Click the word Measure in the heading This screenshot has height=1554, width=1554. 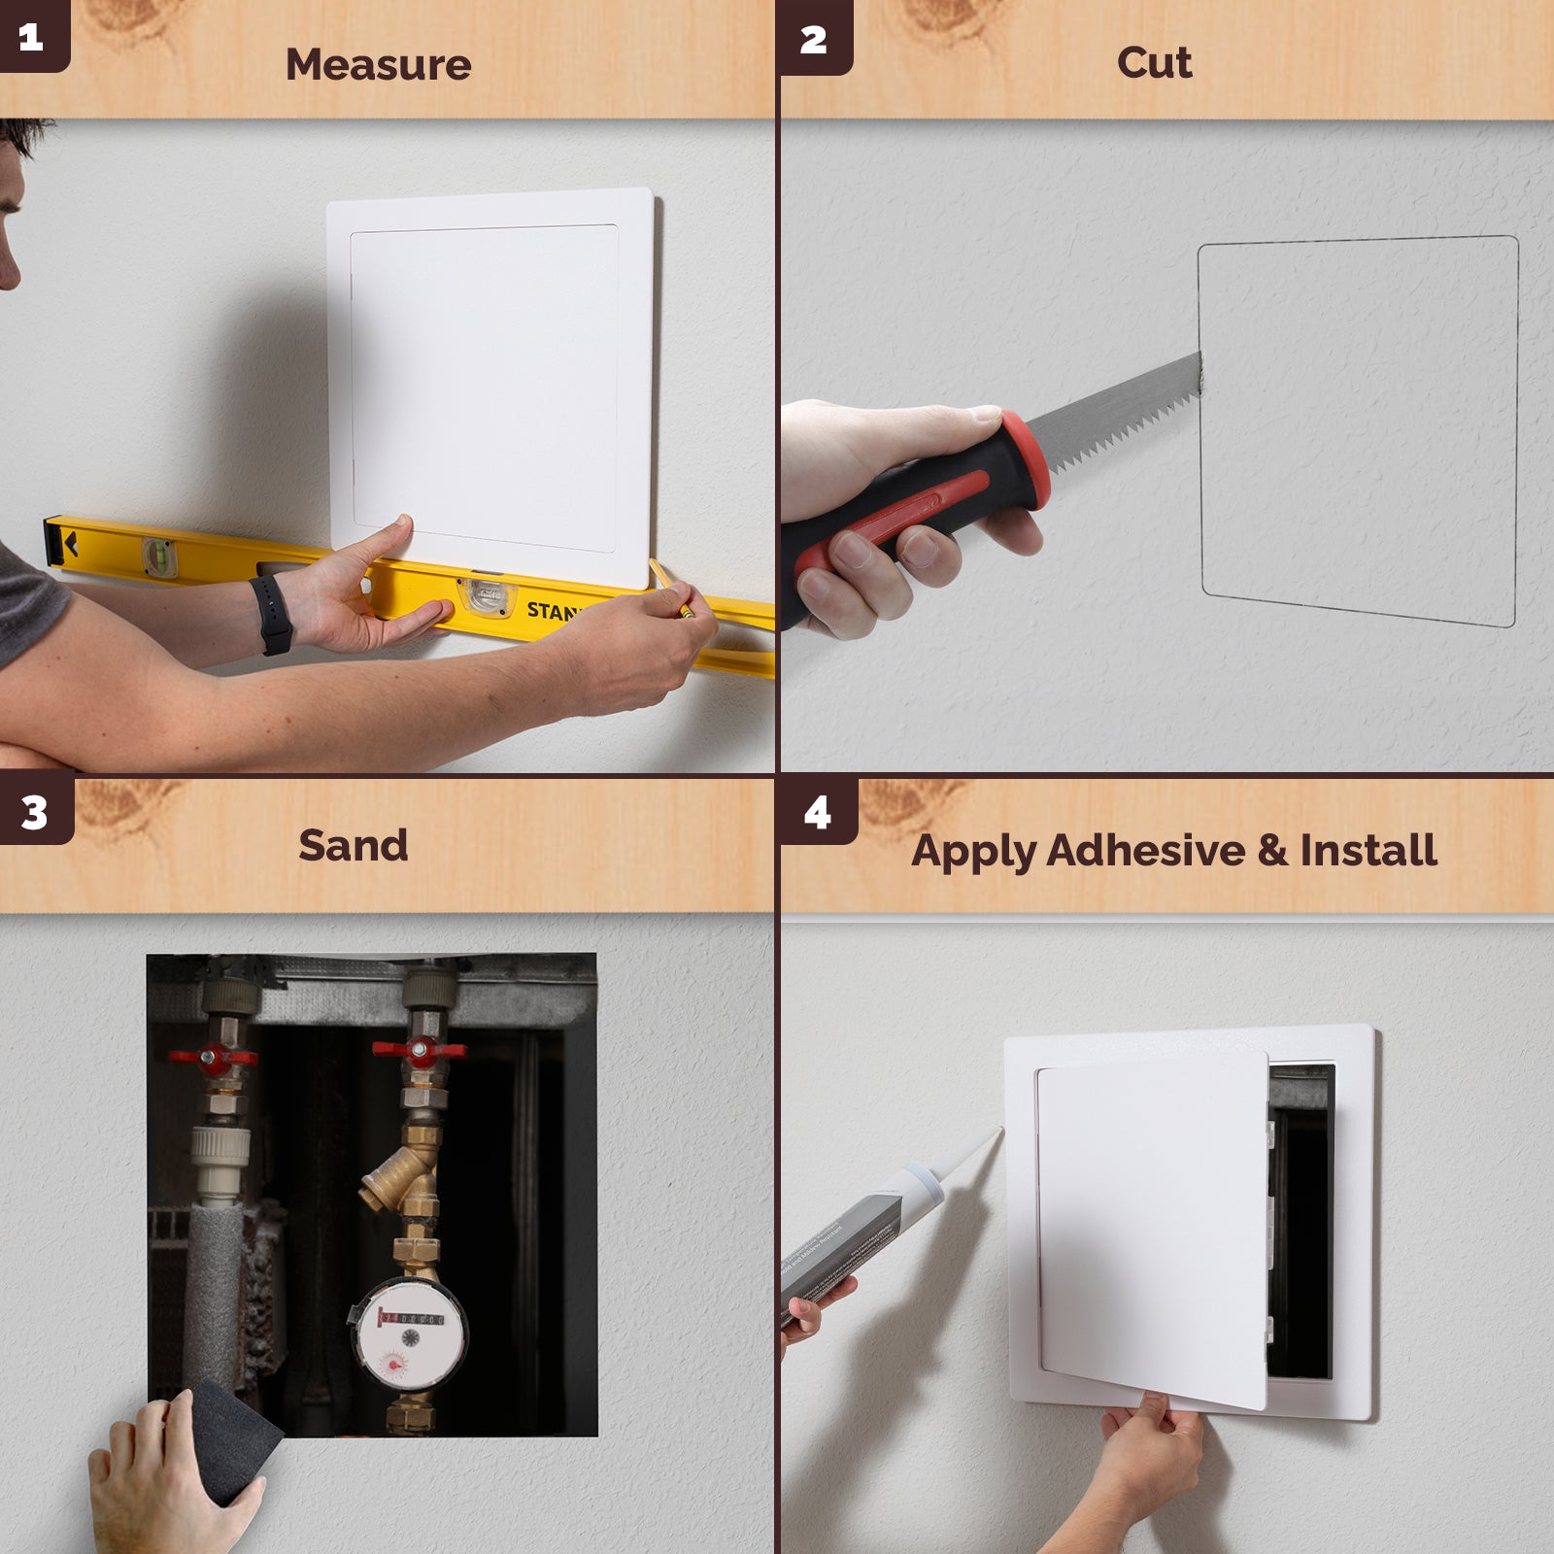coord(378,65)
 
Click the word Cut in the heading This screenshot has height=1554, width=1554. coord(1154,63)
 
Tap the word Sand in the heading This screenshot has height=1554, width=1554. coord(353,845)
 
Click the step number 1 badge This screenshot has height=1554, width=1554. coord(31,37)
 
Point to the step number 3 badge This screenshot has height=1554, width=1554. coord(34,812)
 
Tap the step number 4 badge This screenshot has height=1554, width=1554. coord(817,812)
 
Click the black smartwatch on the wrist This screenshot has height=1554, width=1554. coord(272,613)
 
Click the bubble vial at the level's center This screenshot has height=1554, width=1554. coord(486,594)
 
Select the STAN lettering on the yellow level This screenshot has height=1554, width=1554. coord(551,611)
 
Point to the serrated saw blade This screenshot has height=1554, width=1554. coord(1117,413)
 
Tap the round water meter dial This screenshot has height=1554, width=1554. coord(409,1336)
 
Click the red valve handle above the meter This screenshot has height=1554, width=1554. coord(420,1050)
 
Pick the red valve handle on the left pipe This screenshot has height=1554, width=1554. coord(214,1057)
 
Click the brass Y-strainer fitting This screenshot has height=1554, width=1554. coord(400,1180)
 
